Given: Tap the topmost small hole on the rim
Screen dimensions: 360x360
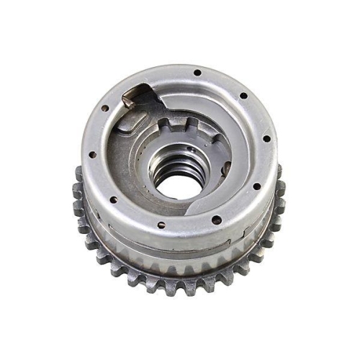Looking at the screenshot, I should [196, 72].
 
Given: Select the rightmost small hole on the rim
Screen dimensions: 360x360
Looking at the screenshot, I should [267, 138].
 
